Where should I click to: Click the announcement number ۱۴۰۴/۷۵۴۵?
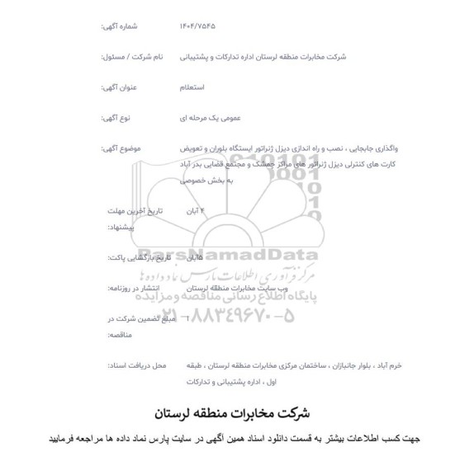click(x=197, y=26)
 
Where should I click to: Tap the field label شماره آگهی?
click(x=120, y=26)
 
